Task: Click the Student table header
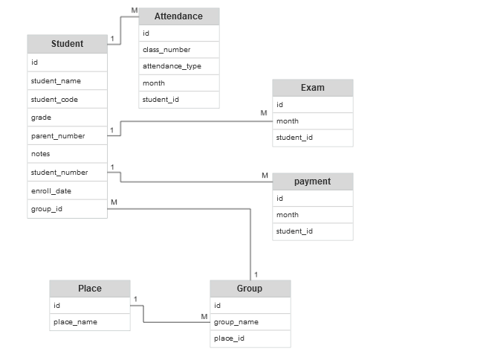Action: [67, 44]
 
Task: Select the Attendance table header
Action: [178, 16]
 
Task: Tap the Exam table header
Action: [312, 88]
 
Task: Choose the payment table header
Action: [312, 181]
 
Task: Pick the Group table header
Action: [250, 289]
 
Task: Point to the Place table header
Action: [89, 289]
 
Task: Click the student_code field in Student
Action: [67, 100]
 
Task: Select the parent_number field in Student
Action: [67, 136]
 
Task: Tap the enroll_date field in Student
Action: [67, 191]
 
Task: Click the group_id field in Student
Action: [67, 209]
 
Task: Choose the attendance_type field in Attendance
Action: [178, 66]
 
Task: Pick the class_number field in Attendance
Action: [178, 50]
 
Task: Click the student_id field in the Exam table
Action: [312, 138]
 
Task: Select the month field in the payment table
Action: [312, 215]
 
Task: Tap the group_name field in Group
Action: [250, 322]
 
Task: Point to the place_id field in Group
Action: [250, 338]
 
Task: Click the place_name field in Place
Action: [89, 322]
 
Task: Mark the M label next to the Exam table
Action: [263, 113]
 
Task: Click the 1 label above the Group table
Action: [256, 274]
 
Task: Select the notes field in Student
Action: [67, 154]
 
